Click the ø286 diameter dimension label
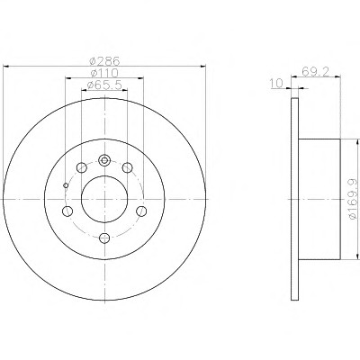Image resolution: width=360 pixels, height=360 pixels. (104, 61)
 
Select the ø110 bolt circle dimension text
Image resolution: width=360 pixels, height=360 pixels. (104, 73)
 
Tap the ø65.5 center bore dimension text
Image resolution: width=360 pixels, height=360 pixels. (104, 85)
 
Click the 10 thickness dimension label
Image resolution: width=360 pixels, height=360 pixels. (276, 84)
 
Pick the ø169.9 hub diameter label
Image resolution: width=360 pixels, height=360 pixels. (353, 198)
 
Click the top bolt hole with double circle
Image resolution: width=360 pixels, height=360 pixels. (104, 160)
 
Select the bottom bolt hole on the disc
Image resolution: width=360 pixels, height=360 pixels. (104, 238)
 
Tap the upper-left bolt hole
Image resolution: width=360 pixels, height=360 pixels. (82, 167)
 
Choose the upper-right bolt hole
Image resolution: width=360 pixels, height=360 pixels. (128, 167)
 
